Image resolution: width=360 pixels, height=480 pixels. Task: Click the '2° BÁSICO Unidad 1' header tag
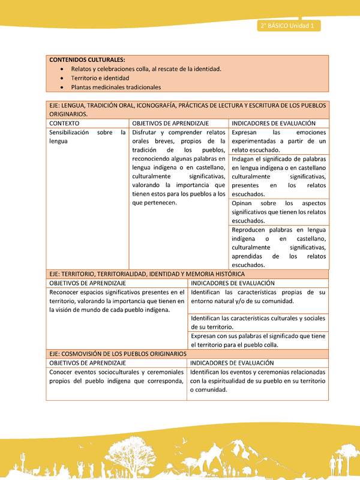pos(289,26)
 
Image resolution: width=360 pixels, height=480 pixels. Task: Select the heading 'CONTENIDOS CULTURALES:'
pos(87,60)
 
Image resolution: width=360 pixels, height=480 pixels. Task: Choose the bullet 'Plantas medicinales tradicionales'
pos(116,87)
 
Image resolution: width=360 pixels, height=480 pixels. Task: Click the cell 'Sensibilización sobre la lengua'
pos(88,136)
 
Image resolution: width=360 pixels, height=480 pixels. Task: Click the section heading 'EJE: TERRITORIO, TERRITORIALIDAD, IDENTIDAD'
pos(146,274)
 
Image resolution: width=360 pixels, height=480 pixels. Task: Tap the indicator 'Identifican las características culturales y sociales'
pos(258,322)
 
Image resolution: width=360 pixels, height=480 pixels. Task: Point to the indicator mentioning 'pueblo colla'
pos(258,340)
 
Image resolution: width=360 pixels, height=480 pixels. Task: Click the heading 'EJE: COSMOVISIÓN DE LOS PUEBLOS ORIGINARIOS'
pos(118,354)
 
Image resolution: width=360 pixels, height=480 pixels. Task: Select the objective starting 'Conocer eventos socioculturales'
pos(116,377)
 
